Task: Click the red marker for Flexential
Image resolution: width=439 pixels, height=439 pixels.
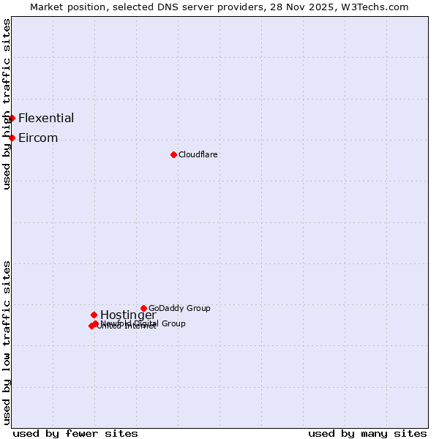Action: coord(12,118)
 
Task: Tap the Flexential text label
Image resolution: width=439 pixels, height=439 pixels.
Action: coord(46,118)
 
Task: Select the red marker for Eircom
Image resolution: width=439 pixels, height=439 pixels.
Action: coord(12,138)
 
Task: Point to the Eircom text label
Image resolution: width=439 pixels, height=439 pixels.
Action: coord(38,138)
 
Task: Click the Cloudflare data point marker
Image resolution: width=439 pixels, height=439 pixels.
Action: coord(173,154)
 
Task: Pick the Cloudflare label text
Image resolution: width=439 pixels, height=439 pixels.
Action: coord(198,154)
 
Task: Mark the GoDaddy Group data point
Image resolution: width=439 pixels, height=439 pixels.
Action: coord(143,308)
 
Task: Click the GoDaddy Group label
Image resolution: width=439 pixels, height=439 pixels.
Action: coord(179,308)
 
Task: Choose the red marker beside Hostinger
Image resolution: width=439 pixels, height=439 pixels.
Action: coord(94,315)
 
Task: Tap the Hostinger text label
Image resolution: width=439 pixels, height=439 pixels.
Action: coord(128,315)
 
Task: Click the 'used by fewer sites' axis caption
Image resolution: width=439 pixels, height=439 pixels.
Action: coord(75,433)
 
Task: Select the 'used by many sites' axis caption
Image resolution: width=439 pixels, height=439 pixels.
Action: coord(367,433)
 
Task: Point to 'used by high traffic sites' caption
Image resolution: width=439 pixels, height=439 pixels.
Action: coord(7,105)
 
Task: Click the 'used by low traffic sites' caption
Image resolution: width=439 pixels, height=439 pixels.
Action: coord(7,342)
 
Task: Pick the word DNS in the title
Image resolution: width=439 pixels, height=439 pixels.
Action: coord(167,7)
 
